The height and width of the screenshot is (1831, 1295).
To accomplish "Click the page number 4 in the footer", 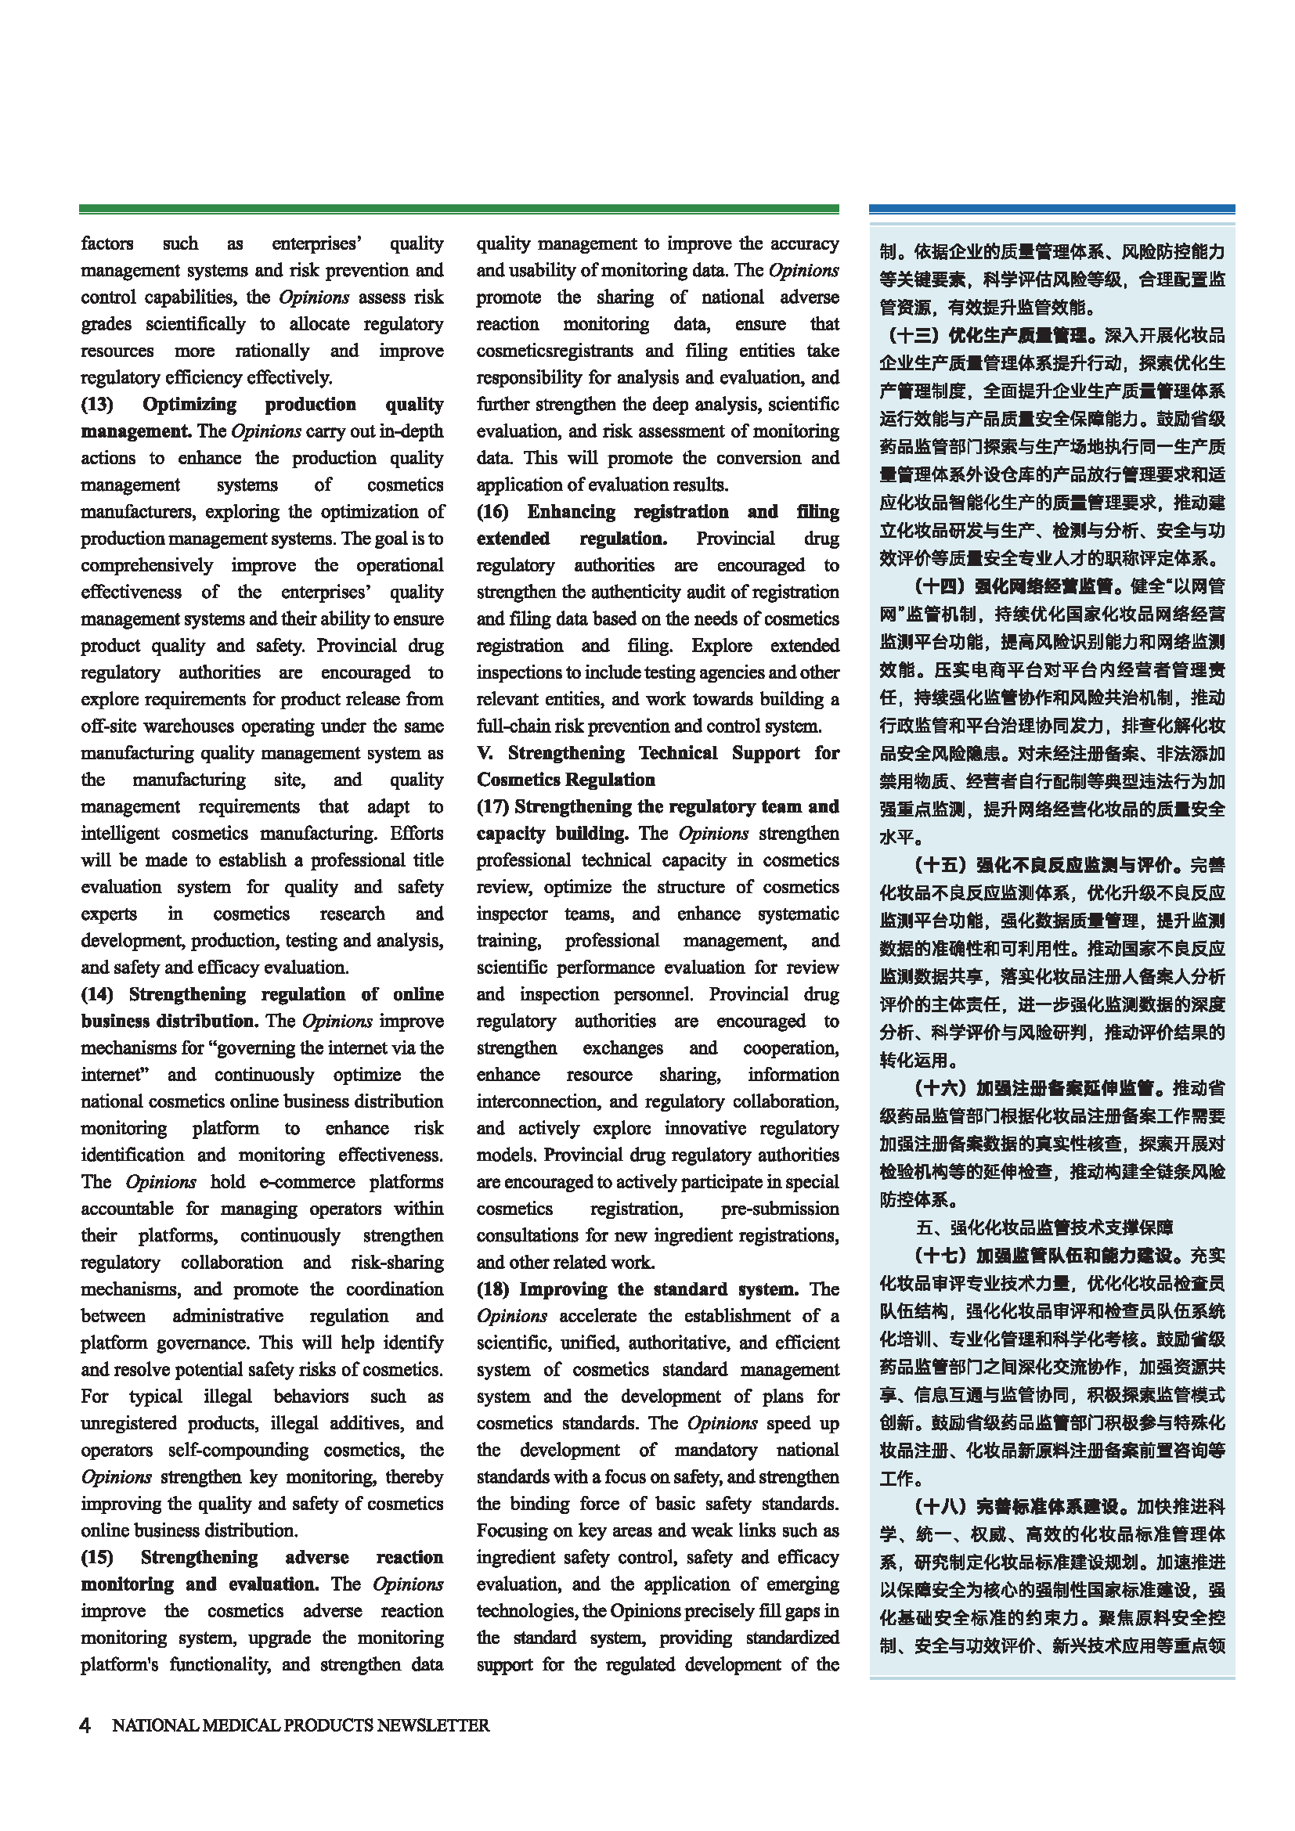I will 85,1725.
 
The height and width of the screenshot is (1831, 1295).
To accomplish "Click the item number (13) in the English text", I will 97,404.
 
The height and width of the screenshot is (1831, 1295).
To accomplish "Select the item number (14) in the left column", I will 97,994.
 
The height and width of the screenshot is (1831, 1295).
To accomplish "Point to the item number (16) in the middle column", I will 493,512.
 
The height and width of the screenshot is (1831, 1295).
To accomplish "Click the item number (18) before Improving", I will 493,1289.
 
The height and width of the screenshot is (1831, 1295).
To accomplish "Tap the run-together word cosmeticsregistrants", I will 555,351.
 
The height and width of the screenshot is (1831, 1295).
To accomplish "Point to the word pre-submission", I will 780,1209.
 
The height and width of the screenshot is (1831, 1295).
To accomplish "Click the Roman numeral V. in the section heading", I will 485,753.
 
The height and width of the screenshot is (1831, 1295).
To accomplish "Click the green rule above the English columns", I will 459,209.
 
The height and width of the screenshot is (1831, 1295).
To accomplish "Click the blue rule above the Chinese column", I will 1051,209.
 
